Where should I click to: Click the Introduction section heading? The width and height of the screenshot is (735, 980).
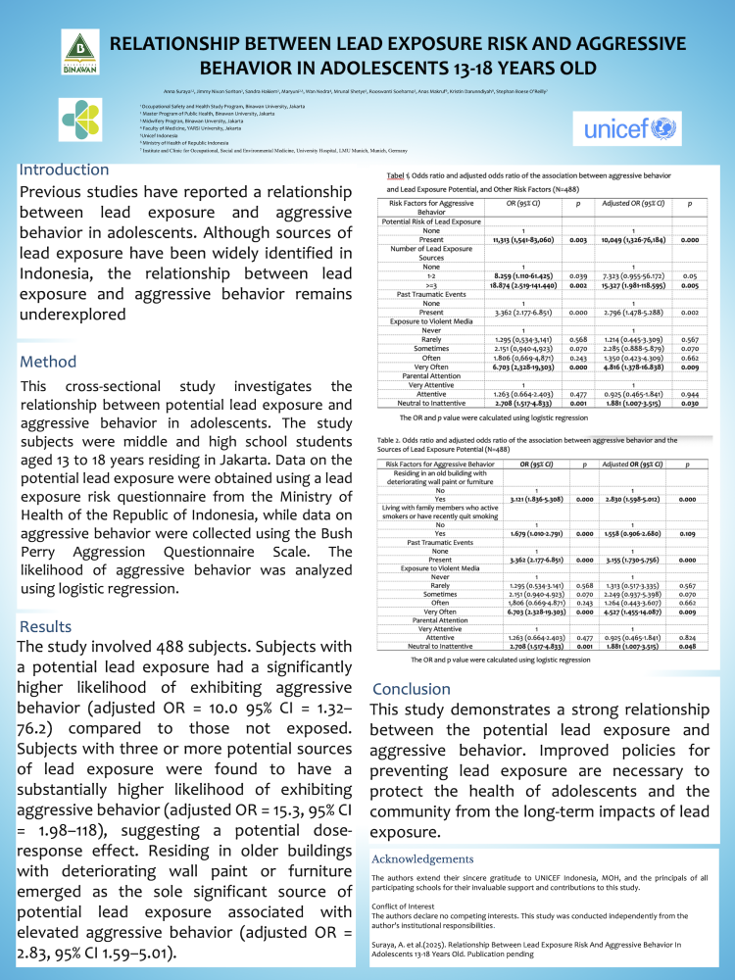[x=65, y=170]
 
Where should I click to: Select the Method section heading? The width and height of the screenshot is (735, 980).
[x=48, y=362]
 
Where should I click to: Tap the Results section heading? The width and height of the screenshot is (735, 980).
[x=45, y=626]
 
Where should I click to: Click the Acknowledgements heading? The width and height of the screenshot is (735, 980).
[x=437, y=858]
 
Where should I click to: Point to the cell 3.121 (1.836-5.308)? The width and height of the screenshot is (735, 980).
[x=537, y=498]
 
